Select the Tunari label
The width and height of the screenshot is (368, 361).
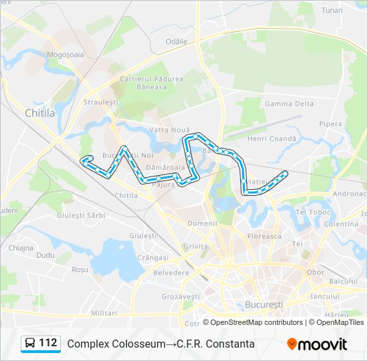[x=332, y=10]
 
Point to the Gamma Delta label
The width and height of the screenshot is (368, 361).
[x=289, y=104]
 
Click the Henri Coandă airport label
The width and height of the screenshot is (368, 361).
[x=271, y=138]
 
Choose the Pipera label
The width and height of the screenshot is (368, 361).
[x=331, y=124]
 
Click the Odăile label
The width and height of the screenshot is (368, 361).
[x=177, y=41]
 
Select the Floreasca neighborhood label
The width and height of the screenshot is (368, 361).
[x=264, y=236]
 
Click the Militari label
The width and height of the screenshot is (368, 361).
[x=104, y=313]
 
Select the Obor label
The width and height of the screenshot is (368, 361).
[x=315, y=272]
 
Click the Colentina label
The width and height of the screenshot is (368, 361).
[x=341, y=224]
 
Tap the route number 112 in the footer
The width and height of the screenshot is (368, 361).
[x=48, y=343]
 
